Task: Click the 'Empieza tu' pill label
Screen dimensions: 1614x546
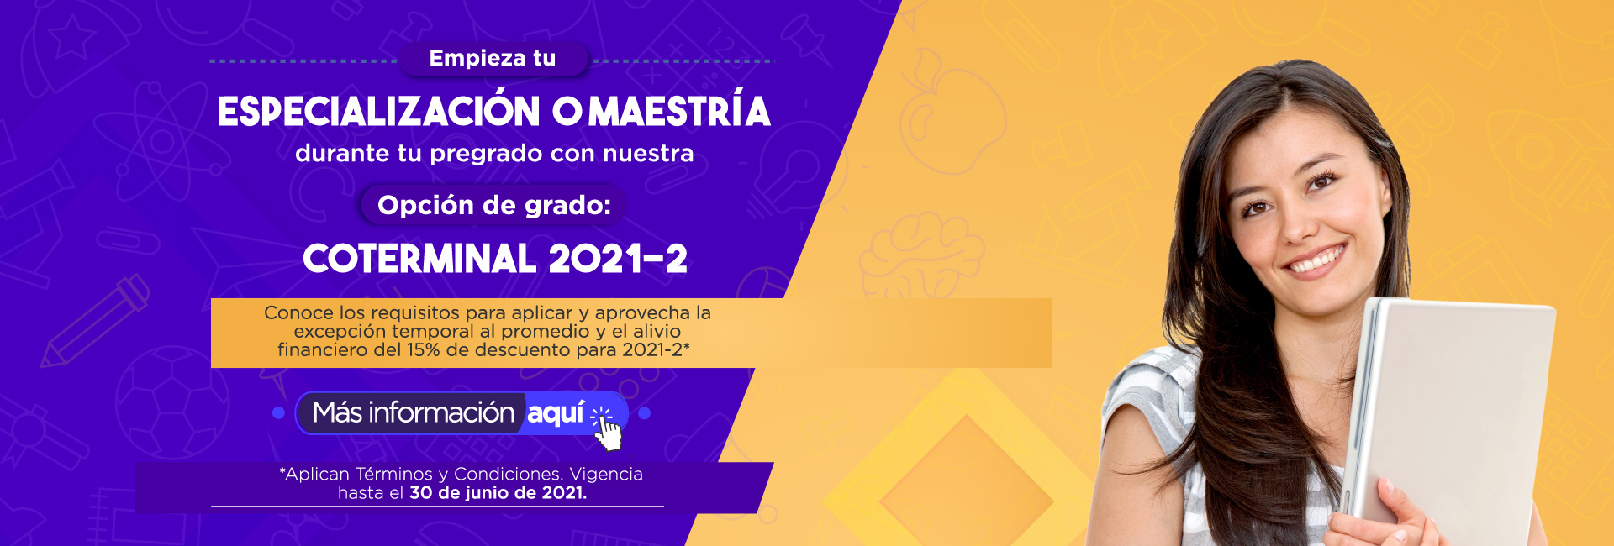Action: click(493, 59)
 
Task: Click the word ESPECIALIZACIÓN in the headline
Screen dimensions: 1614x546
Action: click(379, 112)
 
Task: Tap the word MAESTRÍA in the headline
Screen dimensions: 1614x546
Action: click(679, 112)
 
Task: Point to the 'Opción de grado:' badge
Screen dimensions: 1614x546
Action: click(494, 205)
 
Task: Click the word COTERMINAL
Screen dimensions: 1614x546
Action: click(419, 259)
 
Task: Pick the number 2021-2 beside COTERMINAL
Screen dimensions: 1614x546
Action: click(618, 259)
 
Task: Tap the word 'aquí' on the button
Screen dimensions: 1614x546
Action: click(556, 412)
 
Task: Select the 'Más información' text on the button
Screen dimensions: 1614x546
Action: click(414, 412)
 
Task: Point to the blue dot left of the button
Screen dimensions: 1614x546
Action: click(279, 413)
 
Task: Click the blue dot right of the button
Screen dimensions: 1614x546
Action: click(645, 413)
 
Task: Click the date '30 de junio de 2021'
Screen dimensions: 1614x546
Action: click(497, 493)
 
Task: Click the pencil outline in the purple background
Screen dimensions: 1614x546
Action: click(95, 322)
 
